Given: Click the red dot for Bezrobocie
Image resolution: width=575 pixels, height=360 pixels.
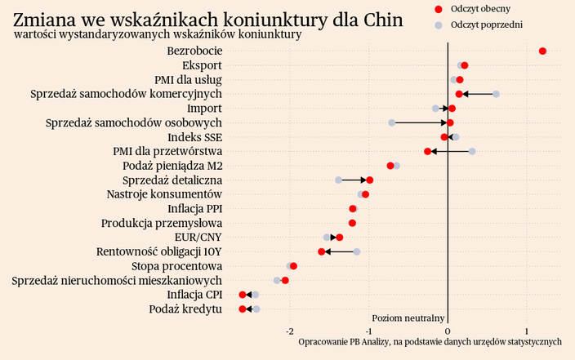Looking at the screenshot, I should click(x=542, y=51).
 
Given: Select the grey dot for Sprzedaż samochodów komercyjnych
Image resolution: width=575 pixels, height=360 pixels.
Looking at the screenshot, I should click(x=496, y=94).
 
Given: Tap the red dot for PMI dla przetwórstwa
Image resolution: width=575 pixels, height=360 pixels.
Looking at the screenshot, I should click(x=427, y=151).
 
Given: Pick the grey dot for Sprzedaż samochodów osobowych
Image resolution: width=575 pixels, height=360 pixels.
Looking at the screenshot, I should click(x=392, y=122).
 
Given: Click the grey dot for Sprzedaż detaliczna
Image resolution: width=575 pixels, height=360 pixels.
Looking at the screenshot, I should click(x=338, y=180).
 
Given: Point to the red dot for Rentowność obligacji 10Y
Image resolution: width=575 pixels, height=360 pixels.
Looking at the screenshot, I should click(x=322, y=251).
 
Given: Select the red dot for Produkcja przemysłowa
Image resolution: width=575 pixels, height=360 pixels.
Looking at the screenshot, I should click(x=352, y=223).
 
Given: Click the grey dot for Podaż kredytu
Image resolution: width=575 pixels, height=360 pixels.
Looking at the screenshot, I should click(x=256, y=309).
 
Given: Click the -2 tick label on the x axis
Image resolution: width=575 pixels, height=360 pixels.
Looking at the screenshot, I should click(x=291, y=331).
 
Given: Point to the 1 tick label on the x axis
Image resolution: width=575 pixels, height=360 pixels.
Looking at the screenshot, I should click(x=527, y=331).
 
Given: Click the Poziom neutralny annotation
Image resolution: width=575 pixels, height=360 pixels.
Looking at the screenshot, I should click(x=408, y=318).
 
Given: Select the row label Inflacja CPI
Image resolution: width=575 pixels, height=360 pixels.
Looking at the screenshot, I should click(x=194, y=295).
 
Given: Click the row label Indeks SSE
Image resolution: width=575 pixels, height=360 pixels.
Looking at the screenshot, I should click(x=194, y=137).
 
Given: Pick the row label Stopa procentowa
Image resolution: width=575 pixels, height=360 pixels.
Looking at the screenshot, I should click(x=176, y=266).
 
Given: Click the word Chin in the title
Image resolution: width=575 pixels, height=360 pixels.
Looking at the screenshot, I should click(x=381, y=20).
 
